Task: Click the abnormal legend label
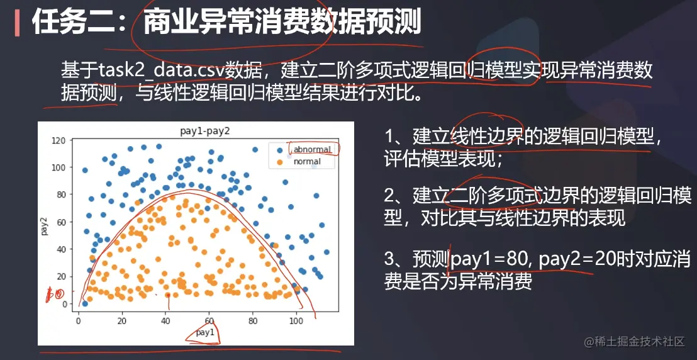(312, 150)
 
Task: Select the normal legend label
(307, 162)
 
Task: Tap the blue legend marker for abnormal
(279, 150)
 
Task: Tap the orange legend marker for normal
(279, 162)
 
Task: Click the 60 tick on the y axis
(62, 222)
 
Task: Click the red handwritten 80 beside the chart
(56, 294)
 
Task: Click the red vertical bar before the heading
(17, 23)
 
